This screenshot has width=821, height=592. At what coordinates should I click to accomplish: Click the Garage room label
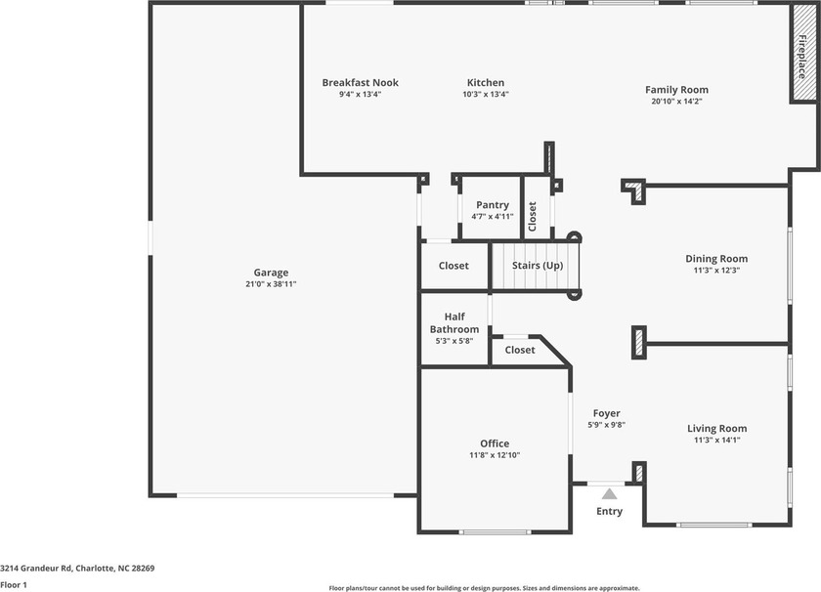coord(271,273)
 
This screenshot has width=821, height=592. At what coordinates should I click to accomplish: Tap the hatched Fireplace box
coord(801,55)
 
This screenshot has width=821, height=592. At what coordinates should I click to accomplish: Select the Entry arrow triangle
coord(609,493)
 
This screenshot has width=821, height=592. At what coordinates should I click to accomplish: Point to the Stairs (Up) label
coord(538,266)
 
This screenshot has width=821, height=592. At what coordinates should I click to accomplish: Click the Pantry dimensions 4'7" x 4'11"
coord(493,216)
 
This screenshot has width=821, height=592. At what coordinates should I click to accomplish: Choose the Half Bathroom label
coord(454,323)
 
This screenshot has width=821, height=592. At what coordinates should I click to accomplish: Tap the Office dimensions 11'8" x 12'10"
coord(495,455)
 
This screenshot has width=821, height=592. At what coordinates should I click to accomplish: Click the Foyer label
coord(606,413)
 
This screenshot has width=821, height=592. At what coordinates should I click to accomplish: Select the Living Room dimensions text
coord(716,441)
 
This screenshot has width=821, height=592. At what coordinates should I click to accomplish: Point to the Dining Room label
coord(716,259)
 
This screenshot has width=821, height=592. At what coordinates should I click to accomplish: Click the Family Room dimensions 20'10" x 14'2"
coord(676,102)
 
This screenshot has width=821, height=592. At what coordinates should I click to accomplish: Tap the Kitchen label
coord(486,83)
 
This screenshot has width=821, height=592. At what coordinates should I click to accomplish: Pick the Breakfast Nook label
coord(361,83)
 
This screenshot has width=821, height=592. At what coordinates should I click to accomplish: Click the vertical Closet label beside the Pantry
coord(533,217)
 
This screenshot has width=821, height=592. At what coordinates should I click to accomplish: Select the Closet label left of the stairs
coord(454,266)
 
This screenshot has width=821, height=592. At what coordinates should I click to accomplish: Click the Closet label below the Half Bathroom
coord(520,350)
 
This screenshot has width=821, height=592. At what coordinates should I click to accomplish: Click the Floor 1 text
coord(13,584)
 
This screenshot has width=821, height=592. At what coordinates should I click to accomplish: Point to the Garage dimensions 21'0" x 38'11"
coord(271,284)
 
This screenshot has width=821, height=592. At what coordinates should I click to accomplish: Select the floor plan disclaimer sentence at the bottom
coord(485,588)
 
